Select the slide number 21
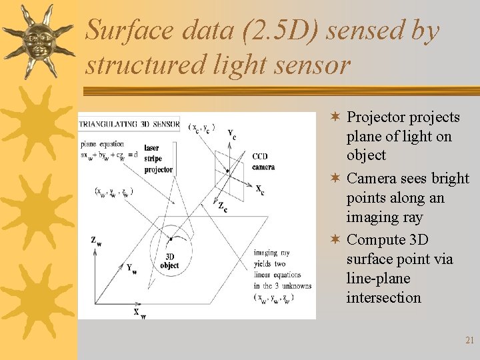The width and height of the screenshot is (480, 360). click(x=469, y=340)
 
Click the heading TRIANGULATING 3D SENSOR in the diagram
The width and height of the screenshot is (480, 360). click(x=129, y=124)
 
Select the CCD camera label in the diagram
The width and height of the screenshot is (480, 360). click(x=263, y=161)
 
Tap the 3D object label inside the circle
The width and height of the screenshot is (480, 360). click(x=169, y=261)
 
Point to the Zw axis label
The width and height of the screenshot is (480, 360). click(x=97, y=241)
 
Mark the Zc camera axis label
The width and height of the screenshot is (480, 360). click(x=223, y=207)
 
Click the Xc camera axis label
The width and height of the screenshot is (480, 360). click(x=260, y=189)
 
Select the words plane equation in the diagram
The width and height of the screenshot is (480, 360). click(x=102, y=144)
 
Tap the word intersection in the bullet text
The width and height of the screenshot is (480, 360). click(x=383, y=298)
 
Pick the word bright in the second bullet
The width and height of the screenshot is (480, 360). click(x=450, y=179)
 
